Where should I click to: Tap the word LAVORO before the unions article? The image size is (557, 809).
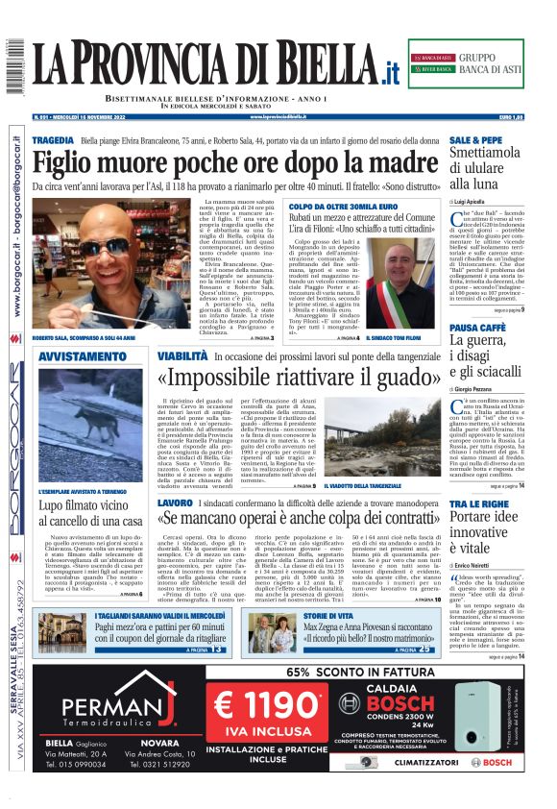point(175,503)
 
